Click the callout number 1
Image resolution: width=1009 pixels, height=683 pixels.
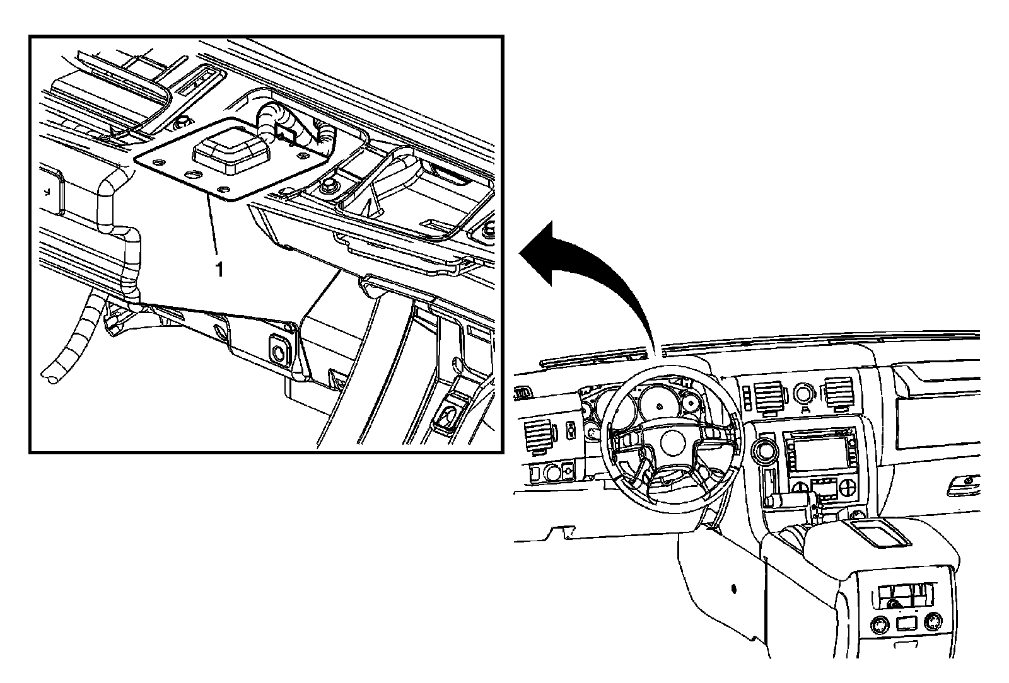click(x=220, y=270)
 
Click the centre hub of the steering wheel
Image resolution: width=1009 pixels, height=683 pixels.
click(x=672, y=443)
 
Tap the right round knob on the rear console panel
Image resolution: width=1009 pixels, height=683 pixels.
click(x=931, y=622)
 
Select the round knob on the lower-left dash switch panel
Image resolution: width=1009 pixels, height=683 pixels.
click(x=552, y=472)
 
